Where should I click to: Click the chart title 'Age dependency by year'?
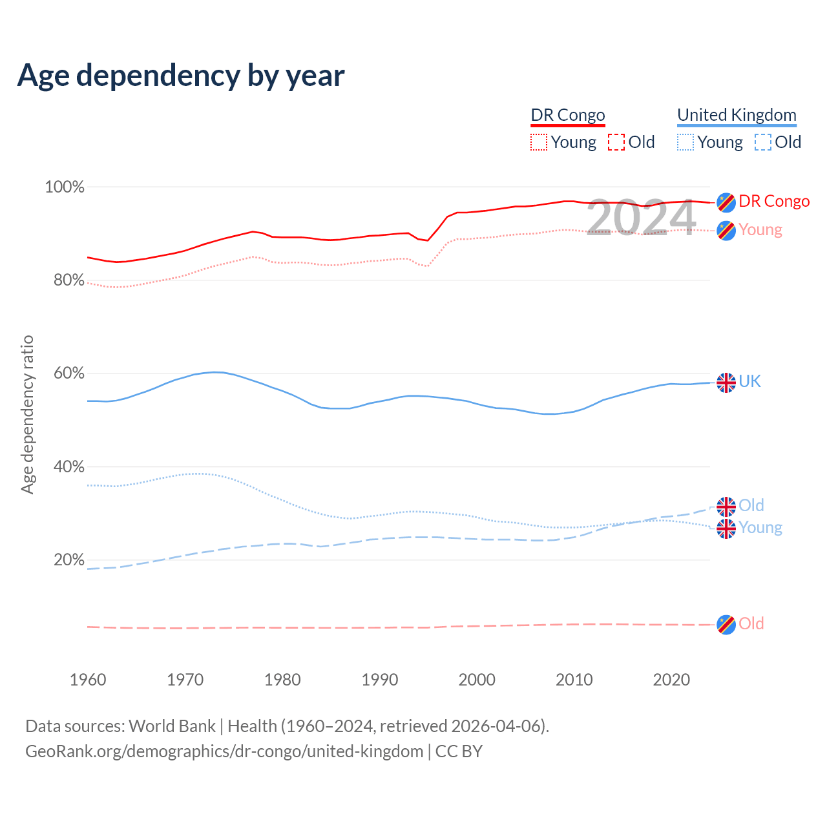click(x=181, y=75)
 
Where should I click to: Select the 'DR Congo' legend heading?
click(x=568, y=115)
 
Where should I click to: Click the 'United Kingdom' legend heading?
click(x=737, y=115)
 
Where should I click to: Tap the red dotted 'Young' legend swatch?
click(x=539, y=142)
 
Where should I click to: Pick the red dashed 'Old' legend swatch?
click(x=616, y=142)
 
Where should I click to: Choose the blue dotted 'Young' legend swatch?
click(x=686, y=142)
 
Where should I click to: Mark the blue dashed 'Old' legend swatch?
click(x=763, y=142)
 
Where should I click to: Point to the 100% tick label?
click(x=65, y=187)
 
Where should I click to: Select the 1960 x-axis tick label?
click(x=88, y=680)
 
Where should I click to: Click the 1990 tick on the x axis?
click(x=380, y=680)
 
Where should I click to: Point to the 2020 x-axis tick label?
click(x=672, y=680)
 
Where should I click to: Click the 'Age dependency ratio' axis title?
click(x=27, y=414)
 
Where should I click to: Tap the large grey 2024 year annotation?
click(x=641, y=217)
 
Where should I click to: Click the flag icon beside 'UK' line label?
click(x=726, y=382)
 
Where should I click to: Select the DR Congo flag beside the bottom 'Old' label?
click(x=726, y=625)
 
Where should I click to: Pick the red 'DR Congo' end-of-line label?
click(x=774, y=201)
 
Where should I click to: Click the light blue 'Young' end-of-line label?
click(x=760, y=527)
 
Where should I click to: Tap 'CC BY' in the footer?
click(x=459, y=751)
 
